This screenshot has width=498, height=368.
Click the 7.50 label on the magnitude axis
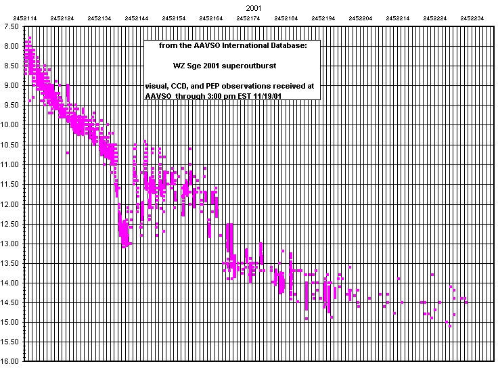coord(12,26)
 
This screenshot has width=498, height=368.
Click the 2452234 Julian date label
coord(472,18)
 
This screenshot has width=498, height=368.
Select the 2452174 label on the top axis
coord(248,18)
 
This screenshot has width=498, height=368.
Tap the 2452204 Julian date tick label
coord(360,18)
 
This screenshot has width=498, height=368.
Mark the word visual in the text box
coord(156,87)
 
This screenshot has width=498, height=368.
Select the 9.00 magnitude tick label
coord(12,86)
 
